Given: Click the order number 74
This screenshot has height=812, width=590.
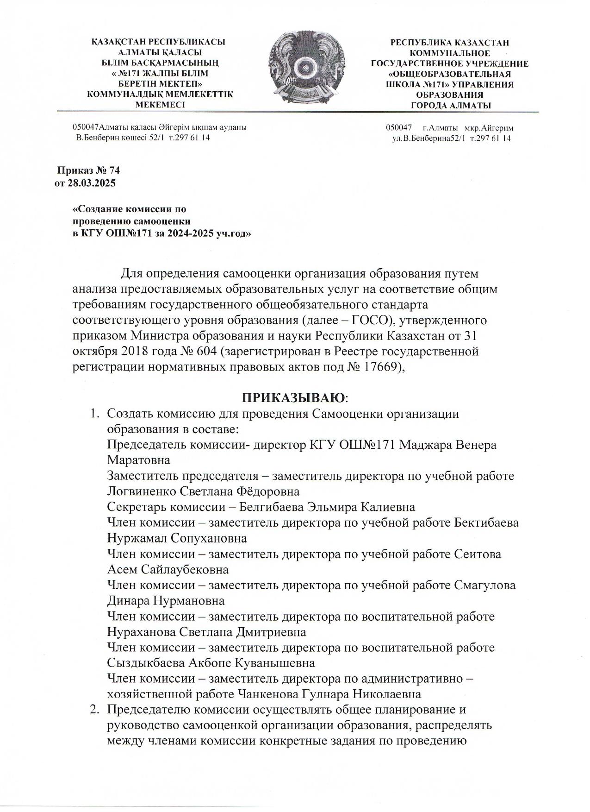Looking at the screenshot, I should (115, 170).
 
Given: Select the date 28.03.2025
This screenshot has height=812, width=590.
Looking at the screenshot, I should (92, 183).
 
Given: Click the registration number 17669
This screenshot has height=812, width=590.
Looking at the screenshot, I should (380, 367).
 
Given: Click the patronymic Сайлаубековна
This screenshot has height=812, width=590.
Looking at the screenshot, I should (185, 569).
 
